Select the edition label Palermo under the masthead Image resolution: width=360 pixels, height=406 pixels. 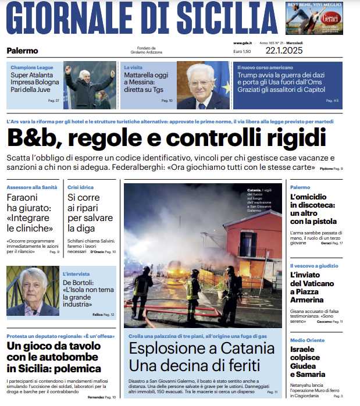pos(22,51)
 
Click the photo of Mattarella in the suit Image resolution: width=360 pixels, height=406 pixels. pos(203,86)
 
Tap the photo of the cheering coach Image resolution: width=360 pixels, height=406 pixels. pos(89,86)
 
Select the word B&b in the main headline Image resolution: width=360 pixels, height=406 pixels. pos(34,138)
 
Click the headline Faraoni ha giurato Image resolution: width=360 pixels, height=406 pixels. pos(30,213)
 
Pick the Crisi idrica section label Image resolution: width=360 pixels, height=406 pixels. pos(80,187)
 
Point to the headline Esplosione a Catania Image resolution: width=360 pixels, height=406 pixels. pos(201,357)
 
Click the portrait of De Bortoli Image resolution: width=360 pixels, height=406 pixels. pos(32,291)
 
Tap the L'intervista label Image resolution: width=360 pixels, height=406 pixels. pos(76,273)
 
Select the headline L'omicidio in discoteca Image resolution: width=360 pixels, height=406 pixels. pos(313,209)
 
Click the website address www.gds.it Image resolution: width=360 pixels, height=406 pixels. pos(242,44)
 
